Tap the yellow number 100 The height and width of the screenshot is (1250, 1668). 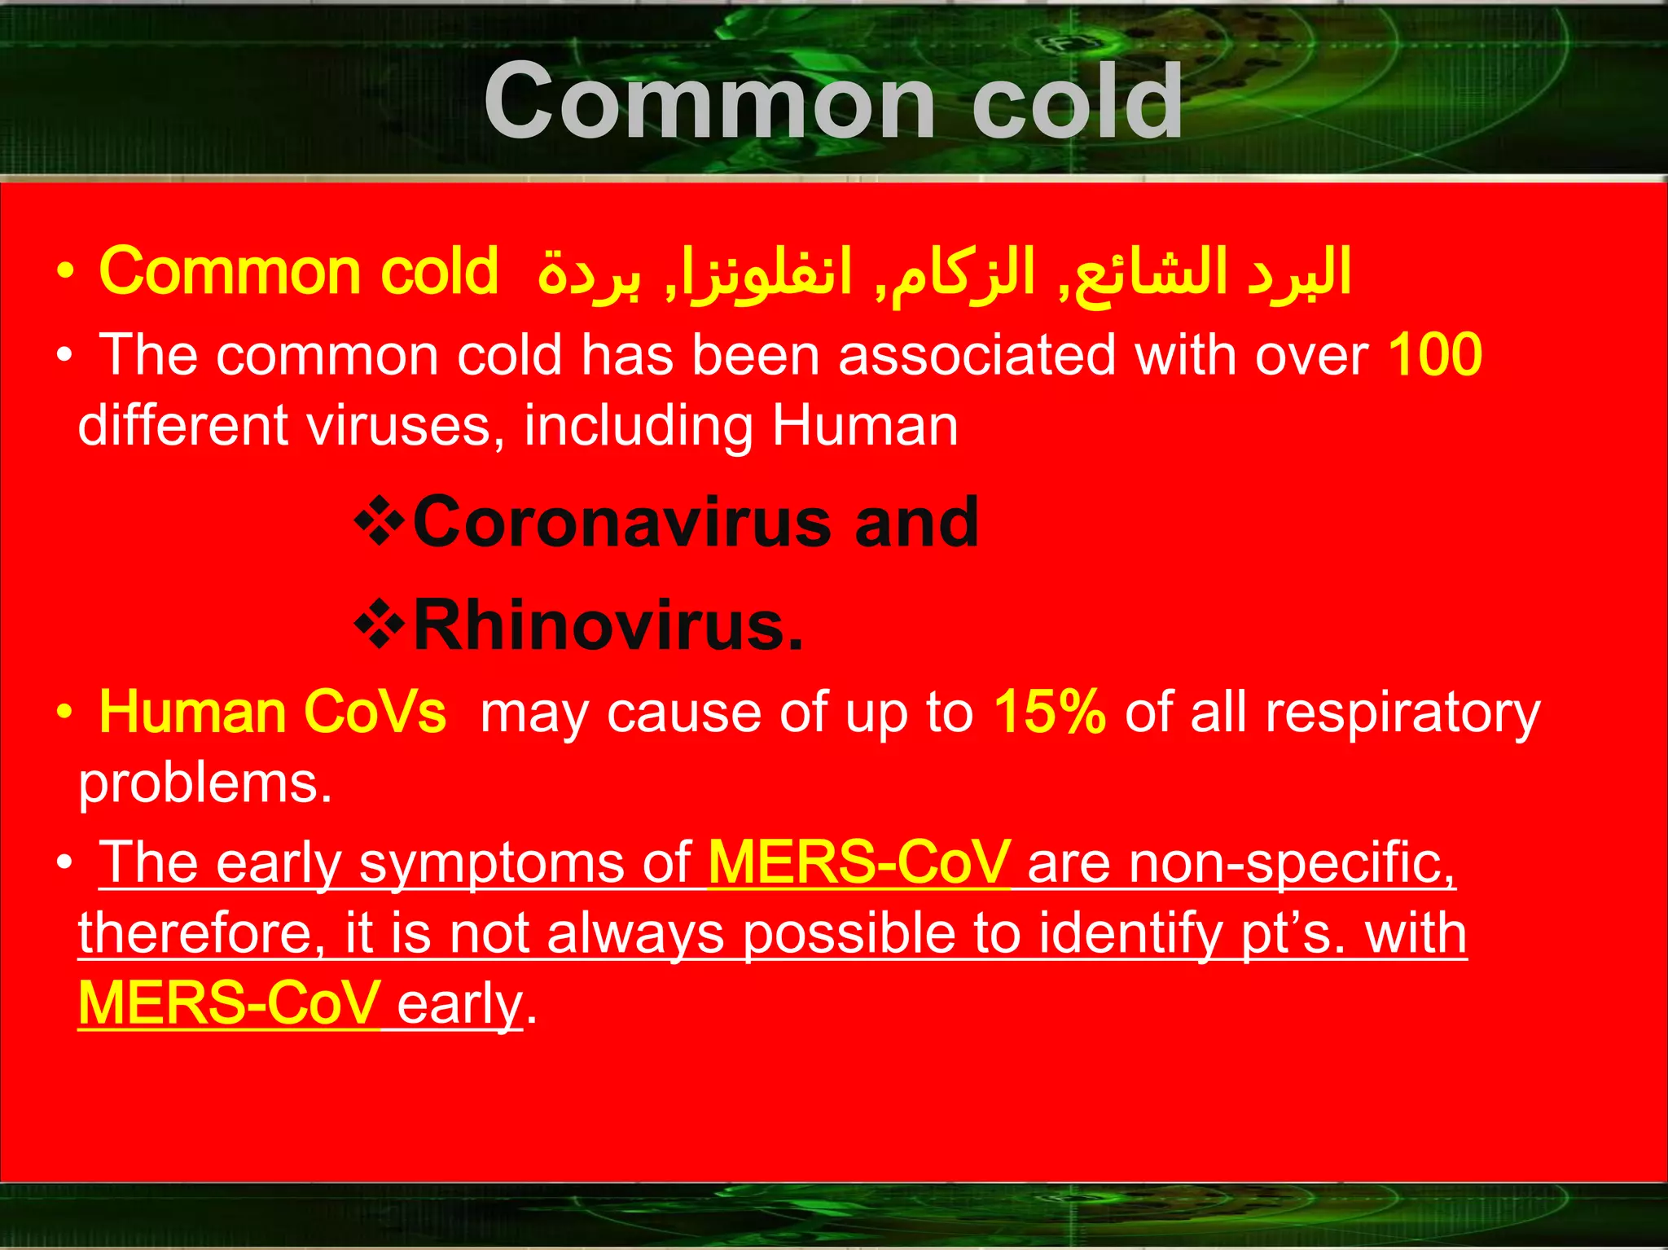[x=1434, y=355]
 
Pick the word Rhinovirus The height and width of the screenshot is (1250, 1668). [x=607, y=626]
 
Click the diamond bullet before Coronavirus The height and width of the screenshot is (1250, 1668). [x=380, y=524]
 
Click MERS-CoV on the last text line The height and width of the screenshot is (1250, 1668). [x=229, y=1003]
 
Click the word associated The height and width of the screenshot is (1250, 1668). [x=977, y=355]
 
